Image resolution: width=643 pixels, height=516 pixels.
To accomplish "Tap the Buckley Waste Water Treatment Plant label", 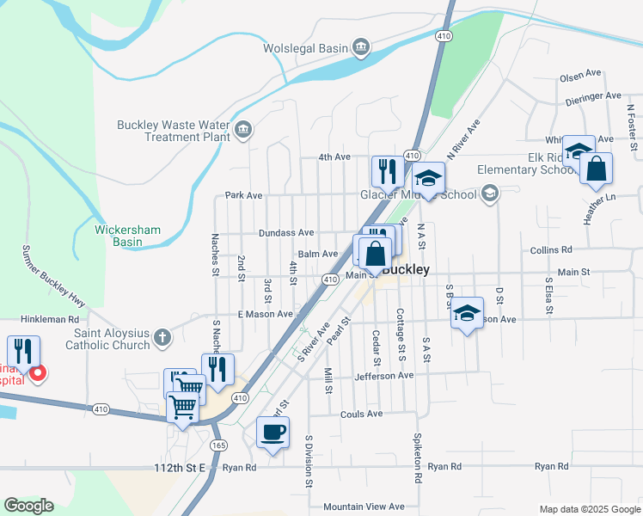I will (x=175, y=131).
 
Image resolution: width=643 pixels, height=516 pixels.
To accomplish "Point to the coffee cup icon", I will (x=273, y=432).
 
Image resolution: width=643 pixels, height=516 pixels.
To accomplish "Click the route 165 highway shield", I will (x=218, y=445).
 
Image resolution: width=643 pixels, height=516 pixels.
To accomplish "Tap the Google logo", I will (x=28, y=506).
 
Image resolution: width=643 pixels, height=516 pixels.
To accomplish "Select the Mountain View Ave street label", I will (x=362, y=507).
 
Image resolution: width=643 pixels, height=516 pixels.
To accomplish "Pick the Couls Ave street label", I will (x=361, y=414).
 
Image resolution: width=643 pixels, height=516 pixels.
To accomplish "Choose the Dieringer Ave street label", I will (x=593, y=97).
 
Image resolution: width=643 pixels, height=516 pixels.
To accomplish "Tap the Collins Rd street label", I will (x=551, y=250).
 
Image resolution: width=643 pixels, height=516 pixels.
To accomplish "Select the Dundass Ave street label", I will (x=286, y=233).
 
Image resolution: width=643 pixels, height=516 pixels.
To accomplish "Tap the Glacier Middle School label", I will (x=418, y=194).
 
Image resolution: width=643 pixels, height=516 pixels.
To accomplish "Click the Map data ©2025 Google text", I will (x=588, y=508).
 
